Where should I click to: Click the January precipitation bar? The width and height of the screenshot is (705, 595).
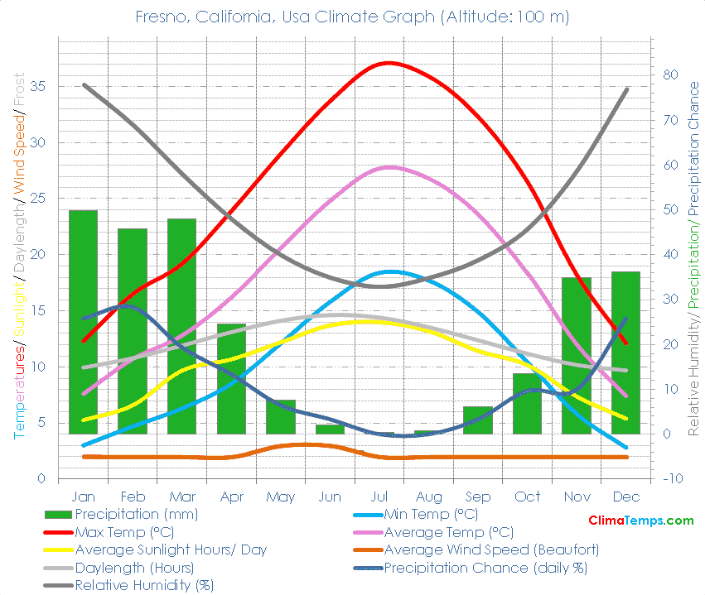83,322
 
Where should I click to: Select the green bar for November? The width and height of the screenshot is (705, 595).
577,356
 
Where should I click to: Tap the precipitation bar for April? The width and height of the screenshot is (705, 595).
232,378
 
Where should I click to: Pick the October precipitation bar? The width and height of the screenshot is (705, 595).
527,403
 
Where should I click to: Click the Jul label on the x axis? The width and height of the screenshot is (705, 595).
379,497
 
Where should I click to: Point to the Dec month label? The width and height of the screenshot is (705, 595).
625,497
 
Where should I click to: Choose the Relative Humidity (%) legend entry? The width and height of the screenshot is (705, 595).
143,585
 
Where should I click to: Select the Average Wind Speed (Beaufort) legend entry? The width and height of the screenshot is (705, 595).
491,549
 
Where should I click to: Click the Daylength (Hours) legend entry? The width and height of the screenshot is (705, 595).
134,568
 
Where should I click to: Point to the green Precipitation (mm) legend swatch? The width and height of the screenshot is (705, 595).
57,514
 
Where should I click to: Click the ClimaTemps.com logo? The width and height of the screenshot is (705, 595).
640,521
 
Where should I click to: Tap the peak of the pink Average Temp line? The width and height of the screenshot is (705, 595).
391,167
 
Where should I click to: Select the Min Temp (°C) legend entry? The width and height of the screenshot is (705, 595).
431,514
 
